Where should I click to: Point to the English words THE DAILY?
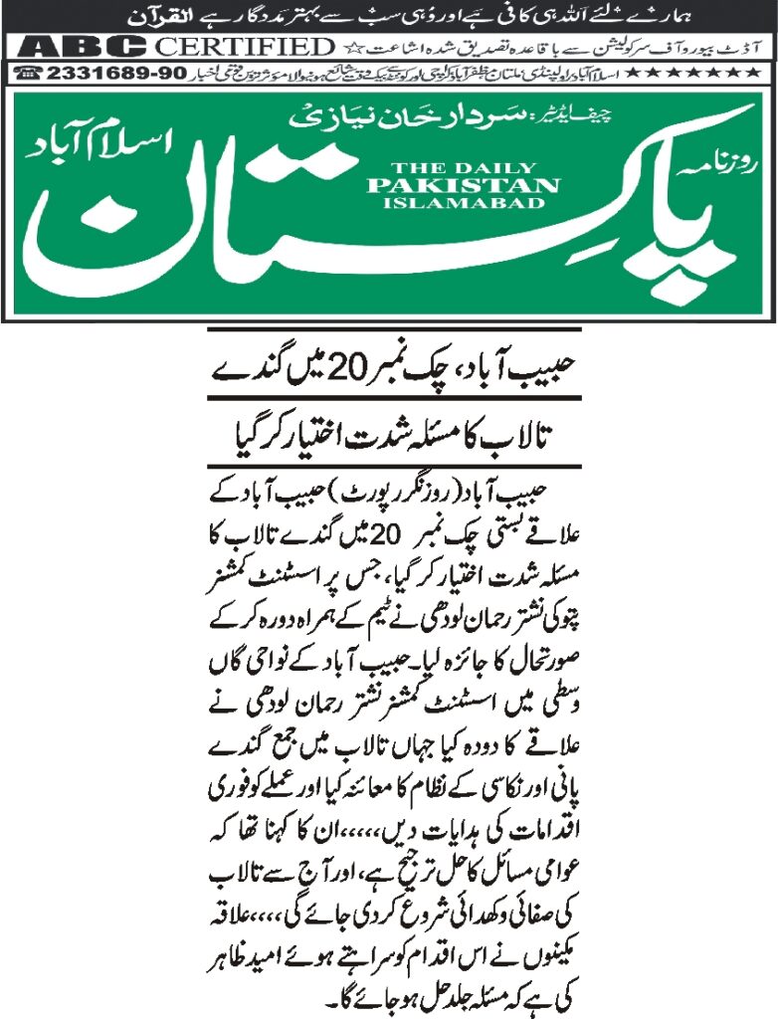pyautogui.click(x=464, y=168)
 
